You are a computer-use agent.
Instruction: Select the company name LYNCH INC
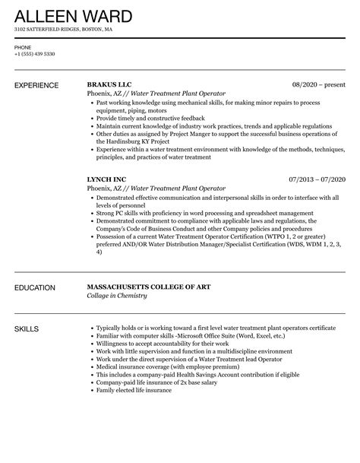click(107, 180)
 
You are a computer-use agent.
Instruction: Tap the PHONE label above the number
click(23, 47)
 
